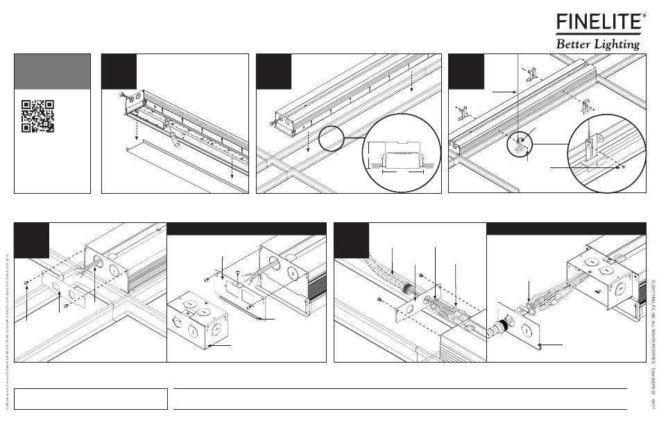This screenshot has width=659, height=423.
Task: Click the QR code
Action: pyautogui.click(x=38, y=116)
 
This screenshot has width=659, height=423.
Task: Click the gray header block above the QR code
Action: pyautogui.click(x=53, y=72)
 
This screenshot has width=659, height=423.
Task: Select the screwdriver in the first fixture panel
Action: pyautogui.click(x=171, y=135)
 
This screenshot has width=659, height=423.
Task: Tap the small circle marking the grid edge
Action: pyautogui.click(x=332, y=139)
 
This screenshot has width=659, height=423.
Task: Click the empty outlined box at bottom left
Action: pyautogui.click(x=91, y=398)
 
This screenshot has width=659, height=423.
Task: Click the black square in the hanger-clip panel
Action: pyautogui.click(x=465, y=72)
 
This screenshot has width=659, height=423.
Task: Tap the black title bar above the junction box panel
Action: pyautogui.click(x=246, y=229)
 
